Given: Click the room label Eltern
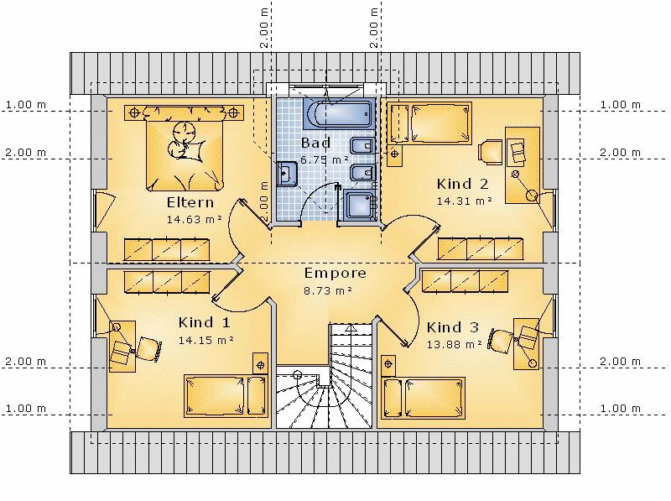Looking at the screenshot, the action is pyautogui.click(x=190, y=202).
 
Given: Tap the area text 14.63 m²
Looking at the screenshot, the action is pyautogui.click(x=195, y=220).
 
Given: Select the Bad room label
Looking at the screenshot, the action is pyautogui.click(x=316, y=143).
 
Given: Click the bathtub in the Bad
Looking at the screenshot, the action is pyautogui.click(x=338, y=113).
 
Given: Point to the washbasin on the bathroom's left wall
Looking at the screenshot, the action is pyautogui.click(x=286, y=174).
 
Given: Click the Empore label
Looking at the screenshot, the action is pyautogui.click(x=335, y=274).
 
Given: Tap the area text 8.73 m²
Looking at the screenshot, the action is pyautogui.click(x=328, y=290).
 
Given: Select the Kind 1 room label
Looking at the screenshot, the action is pyautogui.click(x=204, y=322).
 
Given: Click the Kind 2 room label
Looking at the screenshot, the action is pyautogui.click(x=462, y=184).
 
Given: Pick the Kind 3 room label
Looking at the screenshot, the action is pyautogui.click(x=452, y=327).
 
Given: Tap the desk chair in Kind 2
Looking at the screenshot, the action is pyautogui.click(x=490, y=152).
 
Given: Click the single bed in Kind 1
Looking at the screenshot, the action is pyautogui.click(x=226, y=396).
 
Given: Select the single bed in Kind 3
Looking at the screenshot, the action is pyautogui.click(x=424, y=398).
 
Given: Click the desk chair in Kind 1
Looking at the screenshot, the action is pyautogui.click(x=148, y=349).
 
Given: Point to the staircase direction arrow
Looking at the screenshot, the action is pyautogui.click(x=351, y=329).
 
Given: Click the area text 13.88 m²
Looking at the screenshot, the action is pyautogui.click(x=455, y=344).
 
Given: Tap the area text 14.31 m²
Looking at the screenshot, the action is pyautogui.click(x=465, y=201).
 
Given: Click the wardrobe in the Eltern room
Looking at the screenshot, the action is pyautogui.click(x=167, y=249).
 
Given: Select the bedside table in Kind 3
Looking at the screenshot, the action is pyautogui.click(x=388, y=364).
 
